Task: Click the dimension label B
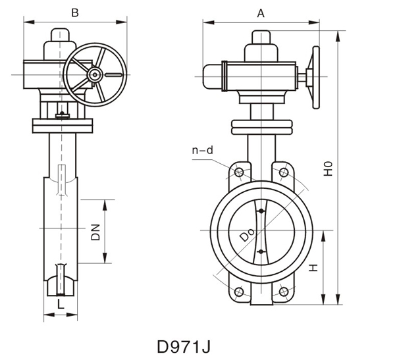coord(74,13)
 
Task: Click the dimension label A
coord(261,13)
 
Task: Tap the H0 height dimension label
coord(327,168)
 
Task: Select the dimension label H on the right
coord(314,268)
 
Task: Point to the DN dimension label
coord(95,232)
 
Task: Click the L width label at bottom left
coord(61,304)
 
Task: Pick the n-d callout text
coord(202,151)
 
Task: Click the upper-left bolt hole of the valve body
coord(239,174)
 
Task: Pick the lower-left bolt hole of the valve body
coord(239,292)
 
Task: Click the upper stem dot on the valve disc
coord(261,211)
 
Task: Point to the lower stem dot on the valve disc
coord(261,252)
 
